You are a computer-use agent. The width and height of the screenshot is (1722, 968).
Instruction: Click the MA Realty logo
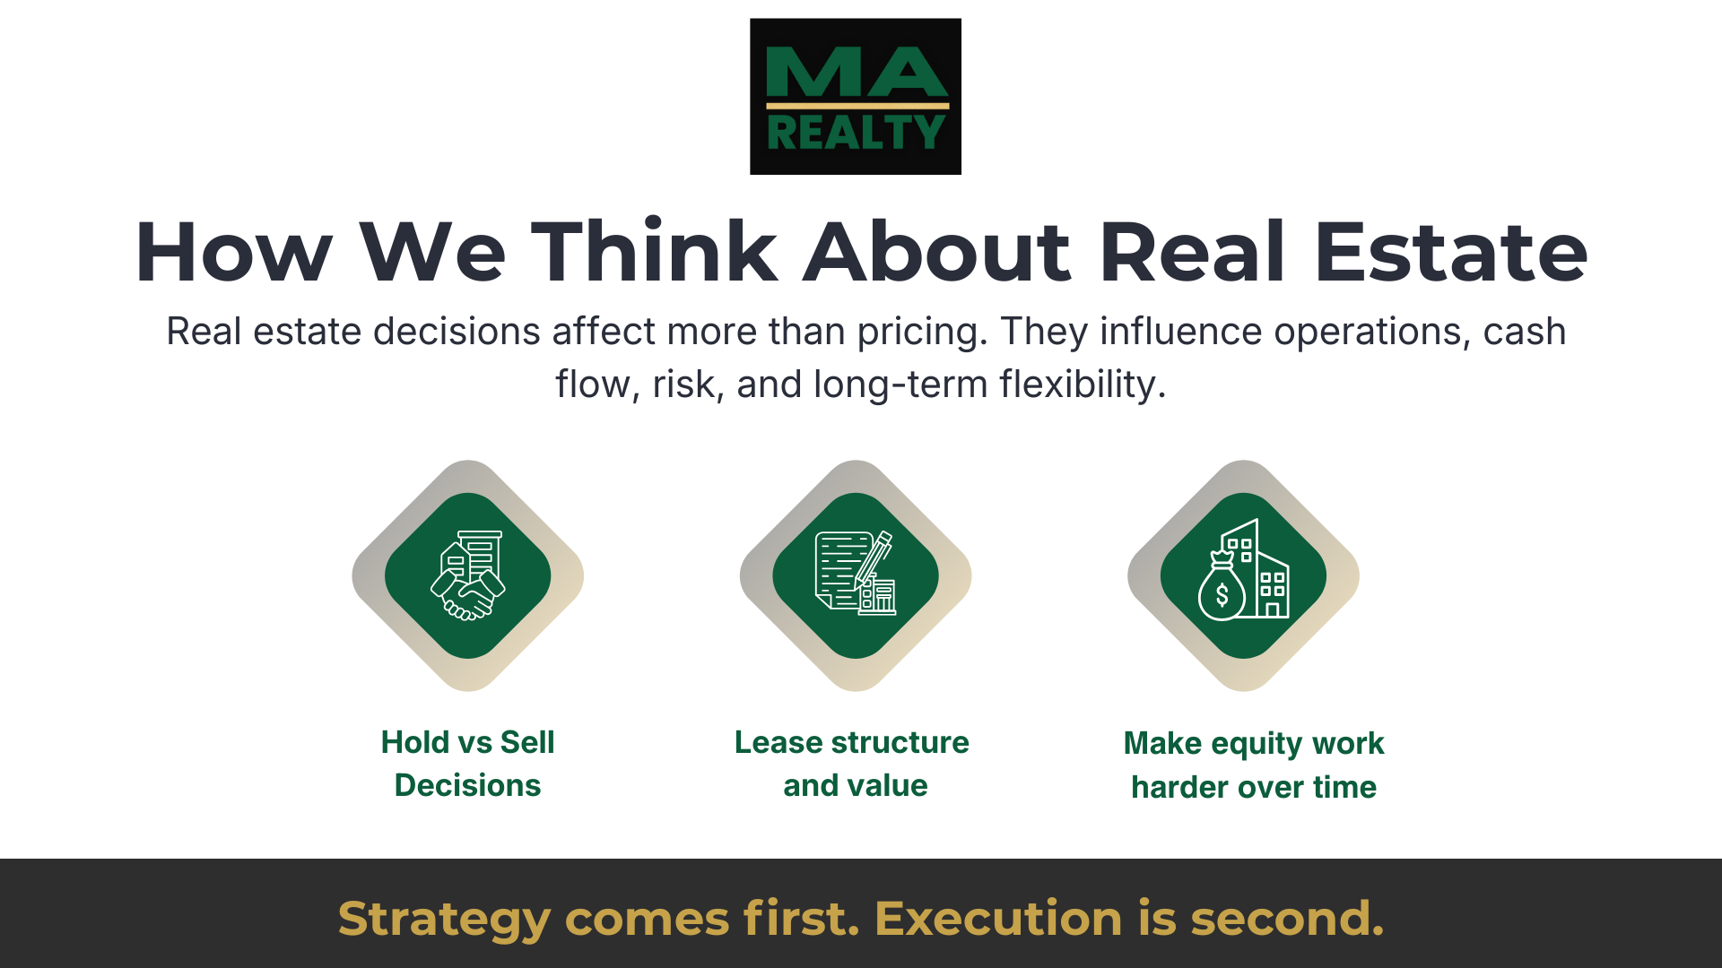tap(855, 96)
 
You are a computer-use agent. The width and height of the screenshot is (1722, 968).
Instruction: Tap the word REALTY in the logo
tap(856, 134)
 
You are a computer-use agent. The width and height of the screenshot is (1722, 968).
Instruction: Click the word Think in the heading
tap(654, 253)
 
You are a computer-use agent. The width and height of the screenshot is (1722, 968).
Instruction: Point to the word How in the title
tap(234, 253)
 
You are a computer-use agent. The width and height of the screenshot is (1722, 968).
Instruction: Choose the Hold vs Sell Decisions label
tap(467, 764)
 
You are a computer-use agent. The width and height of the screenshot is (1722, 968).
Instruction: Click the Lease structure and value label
tap(852, 764)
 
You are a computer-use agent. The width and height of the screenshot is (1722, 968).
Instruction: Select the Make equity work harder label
tap(1254, 765)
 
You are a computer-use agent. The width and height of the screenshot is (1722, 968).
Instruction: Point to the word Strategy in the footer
tap(444, 920)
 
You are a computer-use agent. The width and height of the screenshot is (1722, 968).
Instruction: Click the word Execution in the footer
tap(997, 919)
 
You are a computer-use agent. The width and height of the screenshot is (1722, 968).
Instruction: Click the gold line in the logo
tap(857, 106)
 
